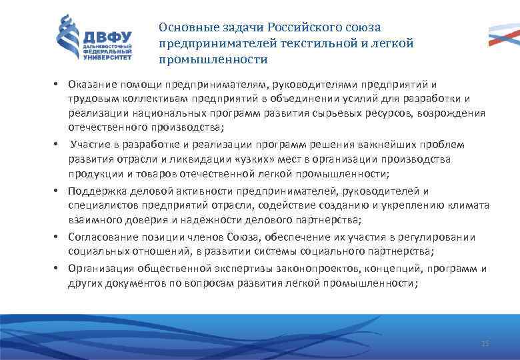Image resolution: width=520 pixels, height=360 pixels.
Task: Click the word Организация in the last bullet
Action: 101,269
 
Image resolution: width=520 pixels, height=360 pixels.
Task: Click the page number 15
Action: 485,343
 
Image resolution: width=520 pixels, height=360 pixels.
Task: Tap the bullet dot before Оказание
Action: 58,86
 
